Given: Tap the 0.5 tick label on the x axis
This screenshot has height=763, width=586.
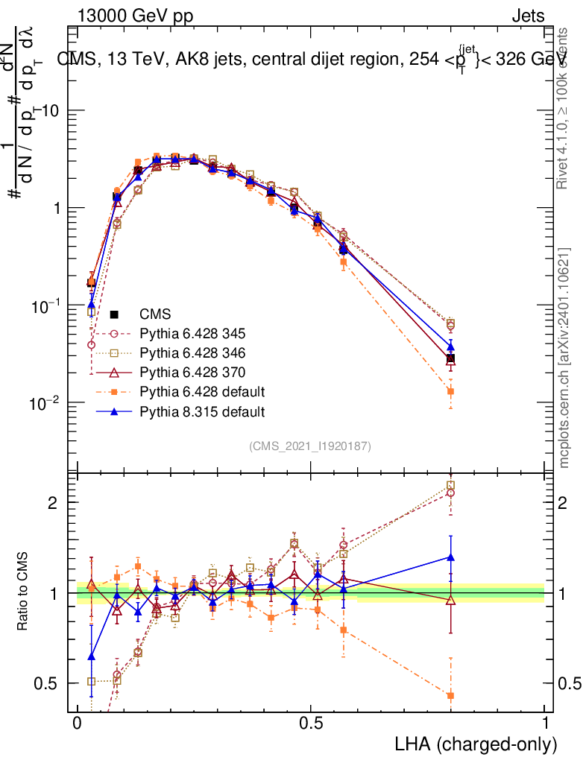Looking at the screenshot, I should (x=311, y=724).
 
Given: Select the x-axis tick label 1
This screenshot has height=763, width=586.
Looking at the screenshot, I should (x=545, y=724).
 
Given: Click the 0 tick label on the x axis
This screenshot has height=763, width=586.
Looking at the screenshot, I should (x=77, y=724).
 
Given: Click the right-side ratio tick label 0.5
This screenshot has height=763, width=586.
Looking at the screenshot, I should (x=568, y=683).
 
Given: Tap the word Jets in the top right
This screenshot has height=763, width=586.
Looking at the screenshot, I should (x=528, y=16).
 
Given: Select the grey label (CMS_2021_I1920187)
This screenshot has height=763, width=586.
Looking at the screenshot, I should (x=310, y=446).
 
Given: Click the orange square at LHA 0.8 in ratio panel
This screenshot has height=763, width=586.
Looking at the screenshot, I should (x=450, y=696).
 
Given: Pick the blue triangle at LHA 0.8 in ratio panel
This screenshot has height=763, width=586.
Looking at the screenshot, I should (x=450, y=557).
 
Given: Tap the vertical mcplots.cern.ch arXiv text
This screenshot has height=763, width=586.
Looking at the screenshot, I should (x=565, y=358).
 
